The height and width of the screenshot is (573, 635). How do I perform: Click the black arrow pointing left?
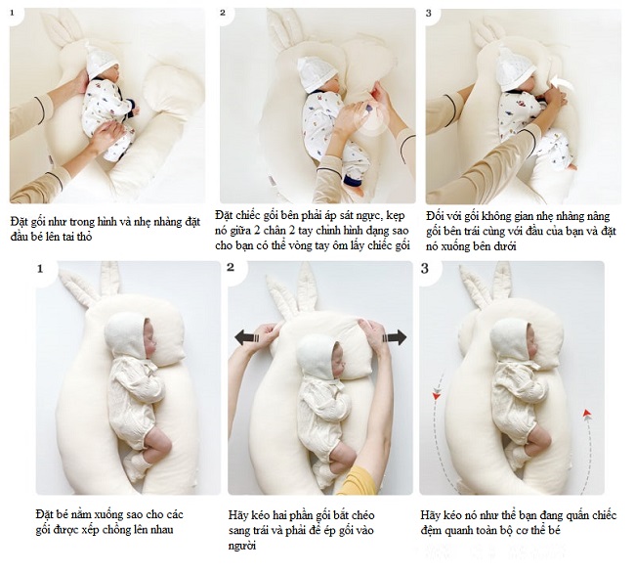point(246,337)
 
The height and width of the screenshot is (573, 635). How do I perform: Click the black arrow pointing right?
point(395,337)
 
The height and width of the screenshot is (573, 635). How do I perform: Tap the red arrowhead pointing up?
point(587,413)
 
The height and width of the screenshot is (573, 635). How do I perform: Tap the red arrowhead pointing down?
point(436,395)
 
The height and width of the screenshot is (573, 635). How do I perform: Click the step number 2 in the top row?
point(223,13)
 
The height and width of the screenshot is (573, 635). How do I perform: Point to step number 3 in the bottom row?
point(424,268)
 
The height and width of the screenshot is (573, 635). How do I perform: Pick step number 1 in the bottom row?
point(40,269)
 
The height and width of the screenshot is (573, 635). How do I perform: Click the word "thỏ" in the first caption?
point(84,237)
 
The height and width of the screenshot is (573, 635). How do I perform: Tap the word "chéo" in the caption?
point(362,515)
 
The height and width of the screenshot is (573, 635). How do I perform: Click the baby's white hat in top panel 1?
point(101,62)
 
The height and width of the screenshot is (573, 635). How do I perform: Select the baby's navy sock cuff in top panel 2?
point(353,180)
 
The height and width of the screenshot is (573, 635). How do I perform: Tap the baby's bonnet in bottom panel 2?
point(317,353)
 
